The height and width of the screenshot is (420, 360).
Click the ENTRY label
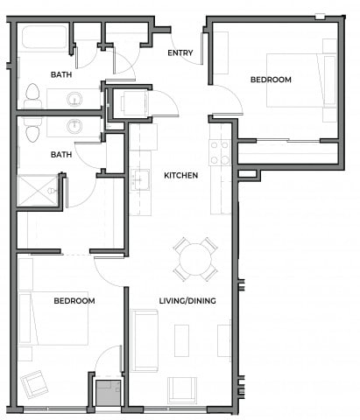[180, 53]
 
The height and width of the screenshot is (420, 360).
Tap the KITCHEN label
[180, 175]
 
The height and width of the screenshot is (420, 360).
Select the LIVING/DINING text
[188, 301]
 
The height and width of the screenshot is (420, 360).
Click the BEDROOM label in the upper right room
[271, 80]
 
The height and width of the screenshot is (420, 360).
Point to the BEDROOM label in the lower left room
[74, 301]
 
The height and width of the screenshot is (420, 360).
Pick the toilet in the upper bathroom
[33, 93]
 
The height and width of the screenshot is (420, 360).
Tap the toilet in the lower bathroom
[33, 131]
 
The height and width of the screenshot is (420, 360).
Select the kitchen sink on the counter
[139, 179]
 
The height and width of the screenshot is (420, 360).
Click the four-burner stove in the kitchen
[219, 153]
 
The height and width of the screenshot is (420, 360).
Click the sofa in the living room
[144, 339]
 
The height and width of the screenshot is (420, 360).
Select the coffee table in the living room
[181, 338]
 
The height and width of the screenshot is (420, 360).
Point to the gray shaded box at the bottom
[108, 391]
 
